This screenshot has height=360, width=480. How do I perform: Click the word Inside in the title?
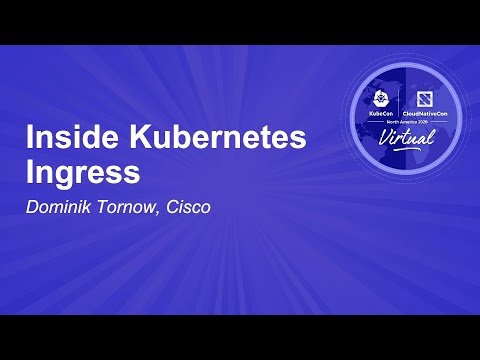(68, 139)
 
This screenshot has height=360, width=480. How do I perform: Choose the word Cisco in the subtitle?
(189, 209)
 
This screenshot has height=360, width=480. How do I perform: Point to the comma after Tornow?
(160, 213)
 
